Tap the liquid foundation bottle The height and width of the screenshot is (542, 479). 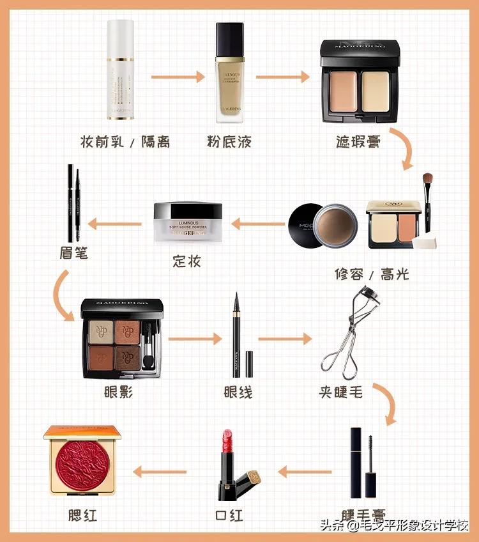229,72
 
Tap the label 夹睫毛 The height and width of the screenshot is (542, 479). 342,391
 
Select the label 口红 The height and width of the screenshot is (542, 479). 229,515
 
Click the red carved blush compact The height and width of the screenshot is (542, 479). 82,461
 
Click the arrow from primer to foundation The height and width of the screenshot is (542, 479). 178,77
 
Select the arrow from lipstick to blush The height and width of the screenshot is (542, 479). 159,472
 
